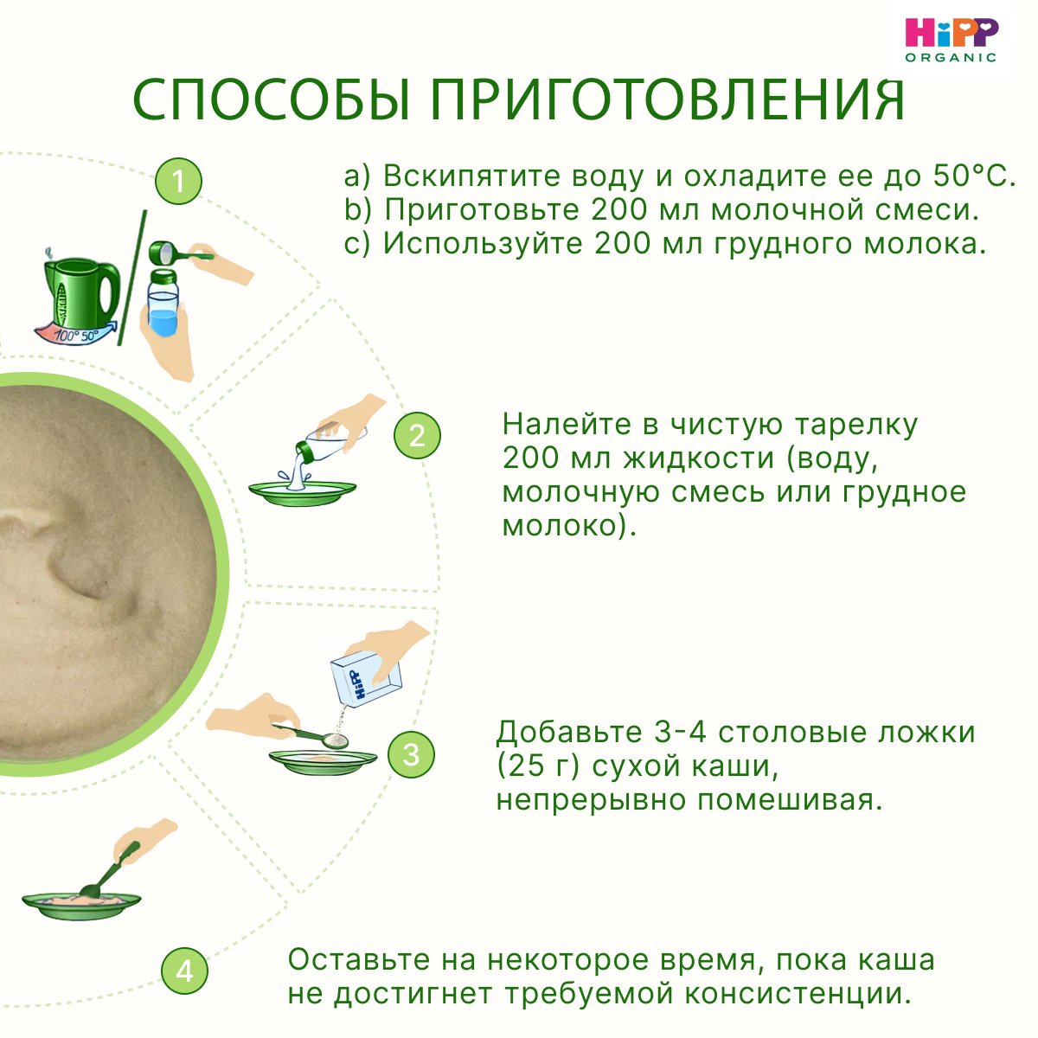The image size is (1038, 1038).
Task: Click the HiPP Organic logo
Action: (x=951, y=39)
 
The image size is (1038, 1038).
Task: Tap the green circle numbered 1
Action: (x=179, y=182)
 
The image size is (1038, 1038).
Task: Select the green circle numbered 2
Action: (x=417, y=435)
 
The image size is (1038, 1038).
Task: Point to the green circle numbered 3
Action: (x=411, y=754)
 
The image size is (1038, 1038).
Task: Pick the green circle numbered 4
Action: (x=184, y=971)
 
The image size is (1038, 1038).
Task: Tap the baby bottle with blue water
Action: (x=163, y=303)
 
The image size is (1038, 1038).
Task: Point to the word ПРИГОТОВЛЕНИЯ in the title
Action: (x=669, y=99)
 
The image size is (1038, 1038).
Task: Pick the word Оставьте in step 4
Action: (x=359, y=960)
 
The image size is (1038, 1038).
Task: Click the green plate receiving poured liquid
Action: (x=302, y=491)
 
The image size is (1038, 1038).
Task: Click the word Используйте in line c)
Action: (x=483, y=244)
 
